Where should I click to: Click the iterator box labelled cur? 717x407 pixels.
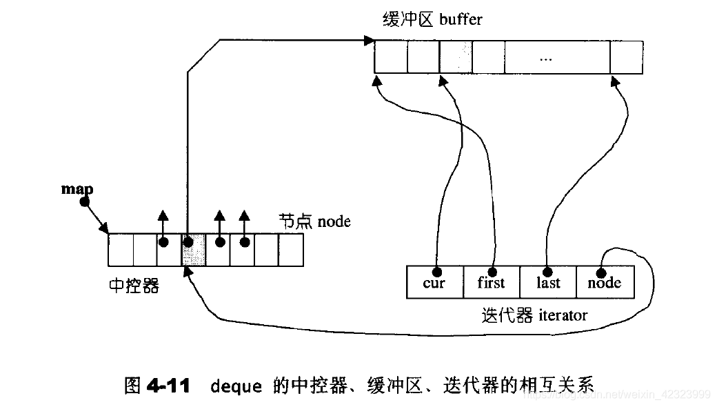pyautogui.click(x=435, y=282)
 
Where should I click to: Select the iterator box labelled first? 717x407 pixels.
pyautogui.click(x=492, y=282)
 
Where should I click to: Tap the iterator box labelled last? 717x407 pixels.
pyautogui.click(x=548, y=282)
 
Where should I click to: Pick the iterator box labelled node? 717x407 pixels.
pyautogui.click(x=605, y=282)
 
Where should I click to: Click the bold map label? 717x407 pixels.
pyautogui.click(x=77, y=189)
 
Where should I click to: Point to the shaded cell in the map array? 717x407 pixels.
pyautogui.click(x=194, y=250)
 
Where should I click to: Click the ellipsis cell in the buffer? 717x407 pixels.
pyautogui.click(x=558, y=58)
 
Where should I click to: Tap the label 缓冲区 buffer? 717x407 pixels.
pyautogui.click(x=432, y=20)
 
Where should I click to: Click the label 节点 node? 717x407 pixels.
pyautogui.click(x=314, y=221)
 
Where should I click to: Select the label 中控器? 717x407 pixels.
pyautogui.click(x=134, y=286)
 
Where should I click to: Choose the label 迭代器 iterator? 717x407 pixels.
pyautogui.click(x=534, y=315)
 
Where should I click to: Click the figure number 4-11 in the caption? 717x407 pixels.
pyautogui.click(x=168, y=386)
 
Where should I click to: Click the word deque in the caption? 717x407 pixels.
pyautogui.click(x=236, y=386)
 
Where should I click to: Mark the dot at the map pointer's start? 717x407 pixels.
pyautogui.click(x=85, y=201)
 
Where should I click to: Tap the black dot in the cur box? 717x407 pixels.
pyautogui.click(x=436, y=272)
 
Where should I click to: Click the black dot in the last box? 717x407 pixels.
pyautogui.click(x=547, y=272)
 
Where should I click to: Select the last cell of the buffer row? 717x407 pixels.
pyautogui.click(x=627, y=58)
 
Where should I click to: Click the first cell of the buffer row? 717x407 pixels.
pyautogui.click(x=391, y=58)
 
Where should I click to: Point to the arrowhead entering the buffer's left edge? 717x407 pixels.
pyautogui.click(x=370, y=40)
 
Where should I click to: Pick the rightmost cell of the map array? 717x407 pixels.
pyautogui.click(x=291, y=250)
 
